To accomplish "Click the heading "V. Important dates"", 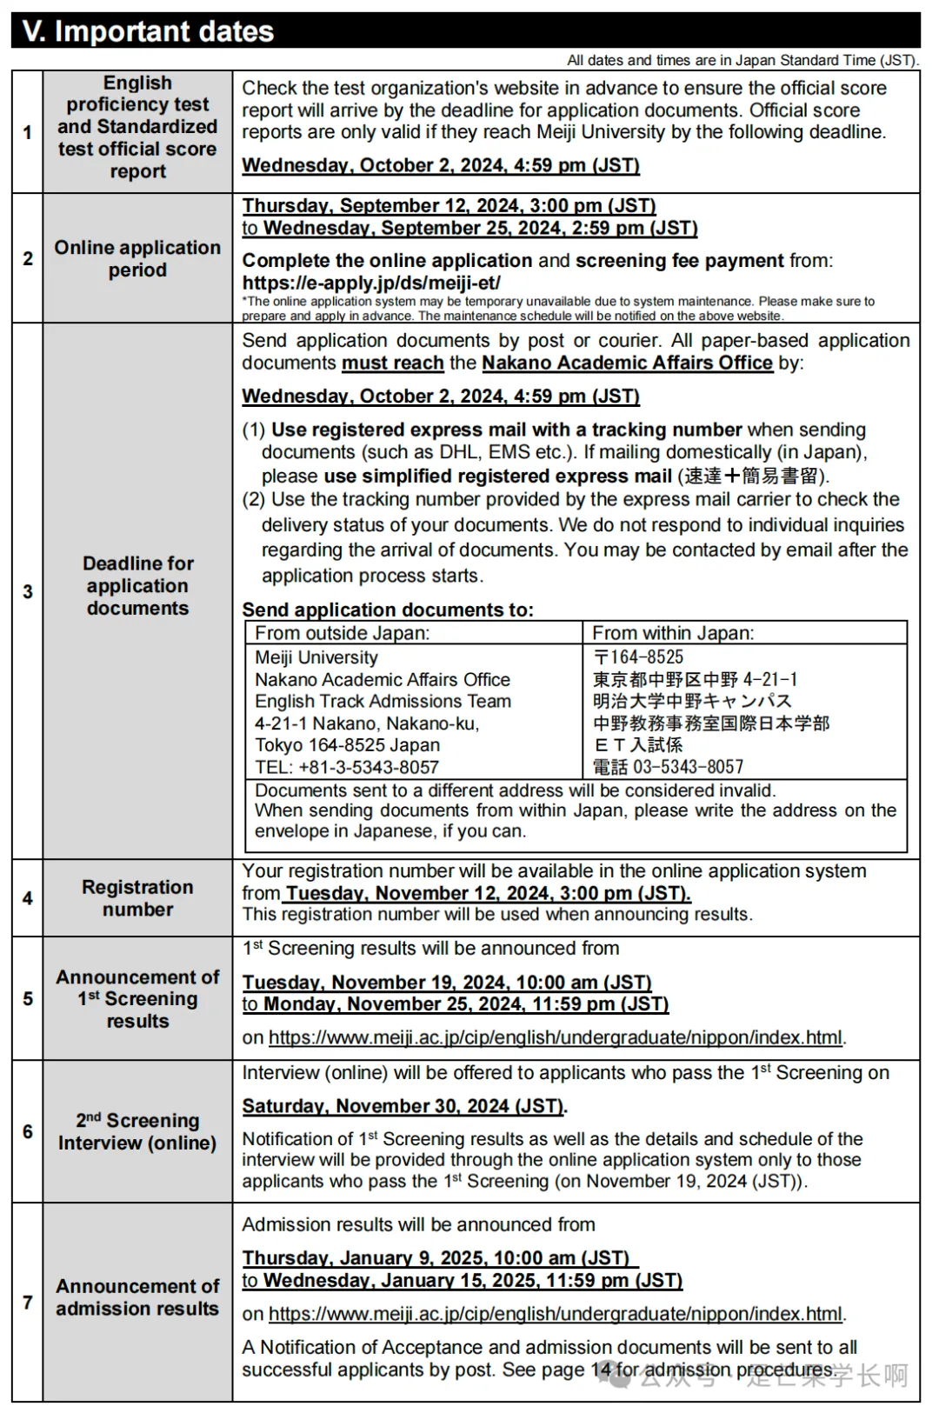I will coord(148,31).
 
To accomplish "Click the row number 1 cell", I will coord(28,132).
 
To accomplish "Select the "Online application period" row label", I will coord(137,258).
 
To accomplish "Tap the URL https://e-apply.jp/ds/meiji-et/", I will coord(371,283).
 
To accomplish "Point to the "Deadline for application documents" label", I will coord(137,585).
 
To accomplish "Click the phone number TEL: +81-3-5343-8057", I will coord(346,767).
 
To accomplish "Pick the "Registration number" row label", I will coord(137,898).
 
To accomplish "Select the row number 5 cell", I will coord(28,998).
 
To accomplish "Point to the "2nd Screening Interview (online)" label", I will coord(137,1131).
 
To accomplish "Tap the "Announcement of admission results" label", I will coord(137,1297).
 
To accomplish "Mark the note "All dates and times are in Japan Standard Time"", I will coord(742,60).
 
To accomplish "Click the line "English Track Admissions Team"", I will coord(383,701).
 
